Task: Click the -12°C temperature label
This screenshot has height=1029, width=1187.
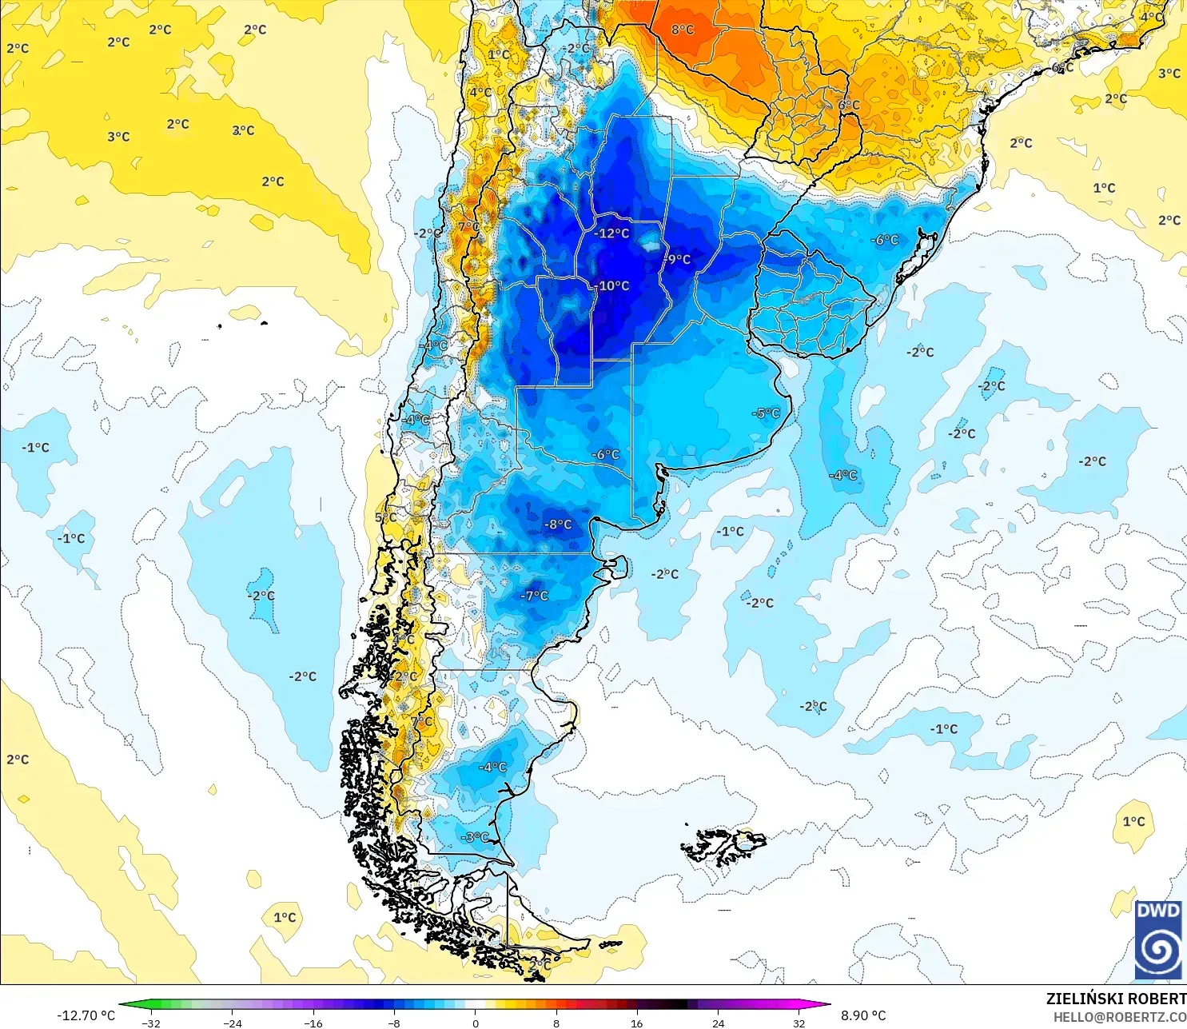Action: click(612, 233)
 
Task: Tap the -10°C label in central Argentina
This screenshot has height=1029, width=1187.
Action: click(613, 285)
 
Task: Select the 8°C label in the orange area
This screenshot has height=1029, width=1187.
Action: click(683, 30)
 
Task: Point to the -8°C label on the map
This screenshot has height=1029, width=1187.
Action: click(558, 524)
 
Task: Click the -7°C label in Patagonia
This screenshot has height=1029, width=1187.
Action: click(535, 596)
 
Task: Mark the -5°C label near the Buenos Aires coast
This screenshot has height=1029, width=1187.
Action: click(766, 413)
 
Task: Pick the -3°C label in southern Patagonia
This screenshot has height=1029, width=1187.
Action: click(475, 836)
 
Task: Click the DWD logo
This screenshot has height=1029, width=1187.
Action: click(1157, 939)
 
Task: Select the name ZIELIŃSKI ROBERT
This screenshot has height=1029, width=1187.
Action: click(1116, 999)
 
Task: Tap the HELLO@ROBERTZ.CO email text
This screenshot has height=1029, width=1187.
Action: click(1119, 1017)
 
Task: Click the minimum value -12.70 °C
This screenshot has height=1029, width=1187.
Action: click(86, 1015)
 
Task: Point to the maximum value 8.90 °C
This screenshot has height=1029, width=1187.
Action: click(863, 1015)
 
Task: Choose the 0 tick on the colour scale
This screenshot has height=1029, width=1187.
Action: click(475, 1023)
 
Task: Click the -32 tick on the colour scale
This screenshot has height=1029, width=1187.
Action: click(150, 1023)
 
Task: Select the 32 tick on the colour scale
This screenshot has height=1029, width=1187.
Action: click(799, 1023)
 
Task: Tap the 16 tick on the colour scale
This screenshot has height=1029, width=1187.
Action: click(636, 1023)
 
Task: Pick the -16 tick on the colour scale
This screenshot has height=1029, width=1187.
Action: click(313, 1023)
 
